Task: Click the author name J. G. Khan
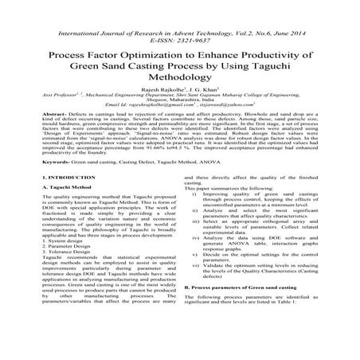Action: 205,91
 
